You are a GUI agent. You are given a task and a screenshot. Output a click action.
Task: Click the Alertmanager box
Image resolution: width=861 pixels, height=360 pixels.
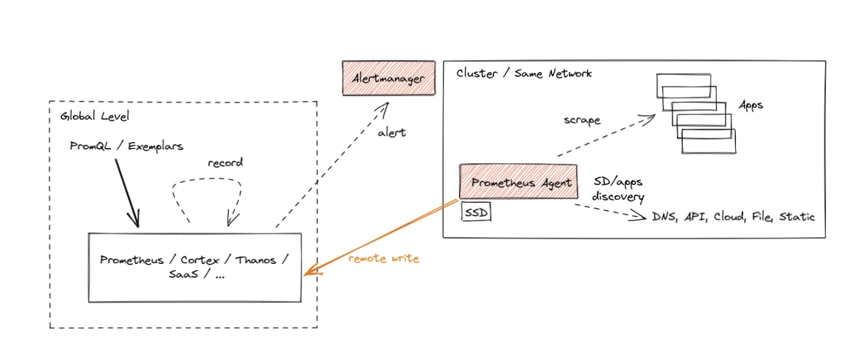pos(389,78)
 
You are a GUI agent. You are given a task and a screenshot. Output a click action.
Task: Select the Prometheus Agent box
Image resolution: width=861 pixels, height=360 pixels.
pos(519,182)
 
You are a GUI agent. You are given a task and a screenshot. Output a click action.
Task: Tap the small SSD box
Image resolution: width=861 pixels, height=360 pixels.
pos(476,212)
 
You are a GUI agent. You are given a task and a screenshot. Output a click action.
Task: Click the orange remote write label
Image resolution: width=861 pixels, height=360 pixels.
pos(384,259)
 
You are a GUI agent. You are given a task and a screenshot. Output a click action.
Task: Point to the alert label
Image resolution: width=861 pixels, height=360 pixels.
pos(391,132)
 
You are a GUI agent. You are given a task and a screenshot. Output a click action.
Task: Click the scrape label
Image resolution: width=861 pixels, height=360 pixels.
pos(582,120)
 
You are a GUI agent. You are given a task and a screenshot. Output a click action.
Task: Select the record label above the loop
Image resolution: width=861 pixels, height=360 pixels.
pos(225,163)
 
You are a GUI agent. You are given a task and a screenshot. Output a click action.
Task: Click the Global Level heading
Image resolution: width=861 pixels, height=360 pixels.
pos(94,116)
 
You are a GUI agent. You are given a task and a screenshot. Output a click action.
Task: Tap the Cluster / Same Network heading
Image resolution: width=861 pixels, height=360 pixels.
pos(524,73)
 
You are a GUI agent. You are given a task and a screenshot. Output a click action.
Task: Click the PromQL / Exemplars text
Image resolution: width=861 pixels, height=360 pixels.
pos(126,146)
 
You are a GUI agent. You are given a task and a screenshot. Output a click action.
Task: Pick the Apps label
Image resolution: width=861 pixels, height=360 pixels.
pos(751,105)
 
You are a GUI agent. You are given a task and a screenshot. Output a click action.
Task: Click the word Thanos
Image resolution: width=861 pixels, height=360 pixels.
pos(256,260)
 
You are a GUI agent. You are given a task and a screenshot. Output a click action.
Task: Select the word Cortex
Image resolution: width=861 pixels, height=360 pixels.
pos(199,260)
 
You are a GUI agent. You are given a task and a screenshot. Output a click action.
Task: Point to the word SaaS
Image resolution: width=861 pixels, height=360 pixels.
pos(184,274)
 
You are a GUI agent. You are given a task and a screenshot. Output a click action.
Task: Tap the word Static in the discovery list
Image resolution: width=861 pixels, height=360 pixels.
pos(797,216)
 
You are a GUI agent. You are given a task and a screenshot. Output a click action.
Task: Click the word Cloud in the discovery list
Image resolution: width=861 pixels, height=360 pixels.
pos(729,216)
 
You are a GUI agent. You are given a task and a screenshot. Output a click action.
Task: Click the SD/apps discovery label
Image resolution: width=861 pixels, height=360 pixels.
pos(618,189)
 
